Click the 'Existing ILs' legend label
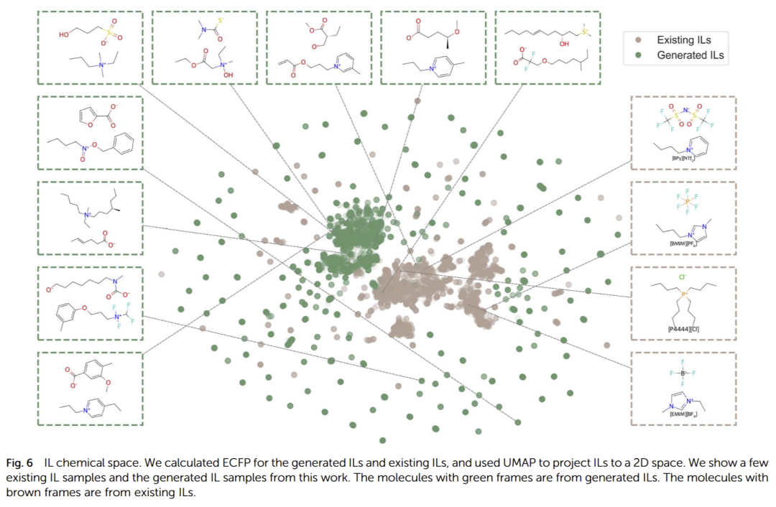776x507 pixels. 683,40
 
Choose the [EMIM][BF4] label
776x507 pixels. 683,414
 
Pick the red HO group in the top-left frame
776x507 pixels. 65,33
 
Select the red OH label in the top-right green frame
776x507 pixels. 561,44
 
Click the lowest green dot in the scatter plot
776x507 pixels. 383,440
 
